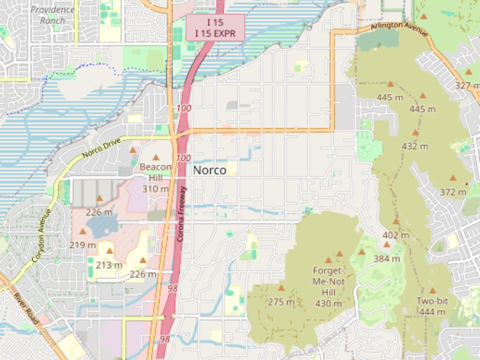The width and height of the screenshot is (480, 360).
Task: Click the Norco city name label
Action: [x=210, y=170]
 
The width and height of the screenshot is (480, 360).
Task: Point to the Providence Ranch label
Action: [x=53, y=15]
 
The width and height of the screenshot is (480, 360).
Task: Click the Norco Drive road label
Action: [x=100, y=148]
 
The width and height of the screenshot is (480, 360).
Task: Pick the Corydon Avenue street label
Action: [x=42, y=236]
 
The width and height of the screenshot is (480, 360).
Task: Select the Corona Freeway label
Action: [x=180, y=214]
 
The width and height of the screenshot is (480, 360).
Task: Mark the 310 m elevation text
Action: [x=156, y=189]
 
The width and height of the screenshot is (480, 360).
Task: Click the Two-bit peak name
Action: [x=432, y=301]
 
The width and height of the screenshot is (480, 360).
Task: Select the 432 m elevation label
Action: [x=415, y=146]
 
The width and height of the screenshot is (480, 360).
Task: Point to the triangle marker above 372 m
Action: [x=453, y=178]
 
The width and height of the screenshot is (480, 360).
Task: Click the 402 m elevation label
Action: [x=396, y=235]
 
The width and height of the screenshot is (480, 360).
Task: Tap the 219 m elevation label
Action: [x=83, y=245]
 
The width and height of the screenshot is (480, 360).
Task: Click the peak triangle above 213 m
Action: [x=110, y=251]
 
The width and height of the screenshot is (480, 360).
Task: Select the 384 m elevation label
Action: [x=387, y=259]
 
